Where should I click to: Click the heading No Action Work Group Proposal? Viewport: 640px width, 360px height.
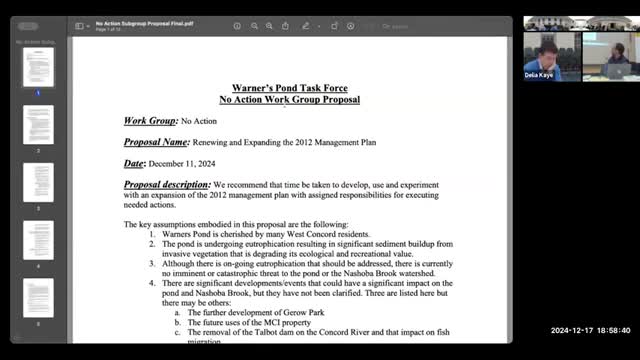289,99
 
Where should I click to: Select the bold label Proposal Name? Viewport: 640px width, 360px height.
155,142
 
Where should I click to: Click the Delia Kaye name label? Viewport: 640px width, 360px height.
539,74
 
